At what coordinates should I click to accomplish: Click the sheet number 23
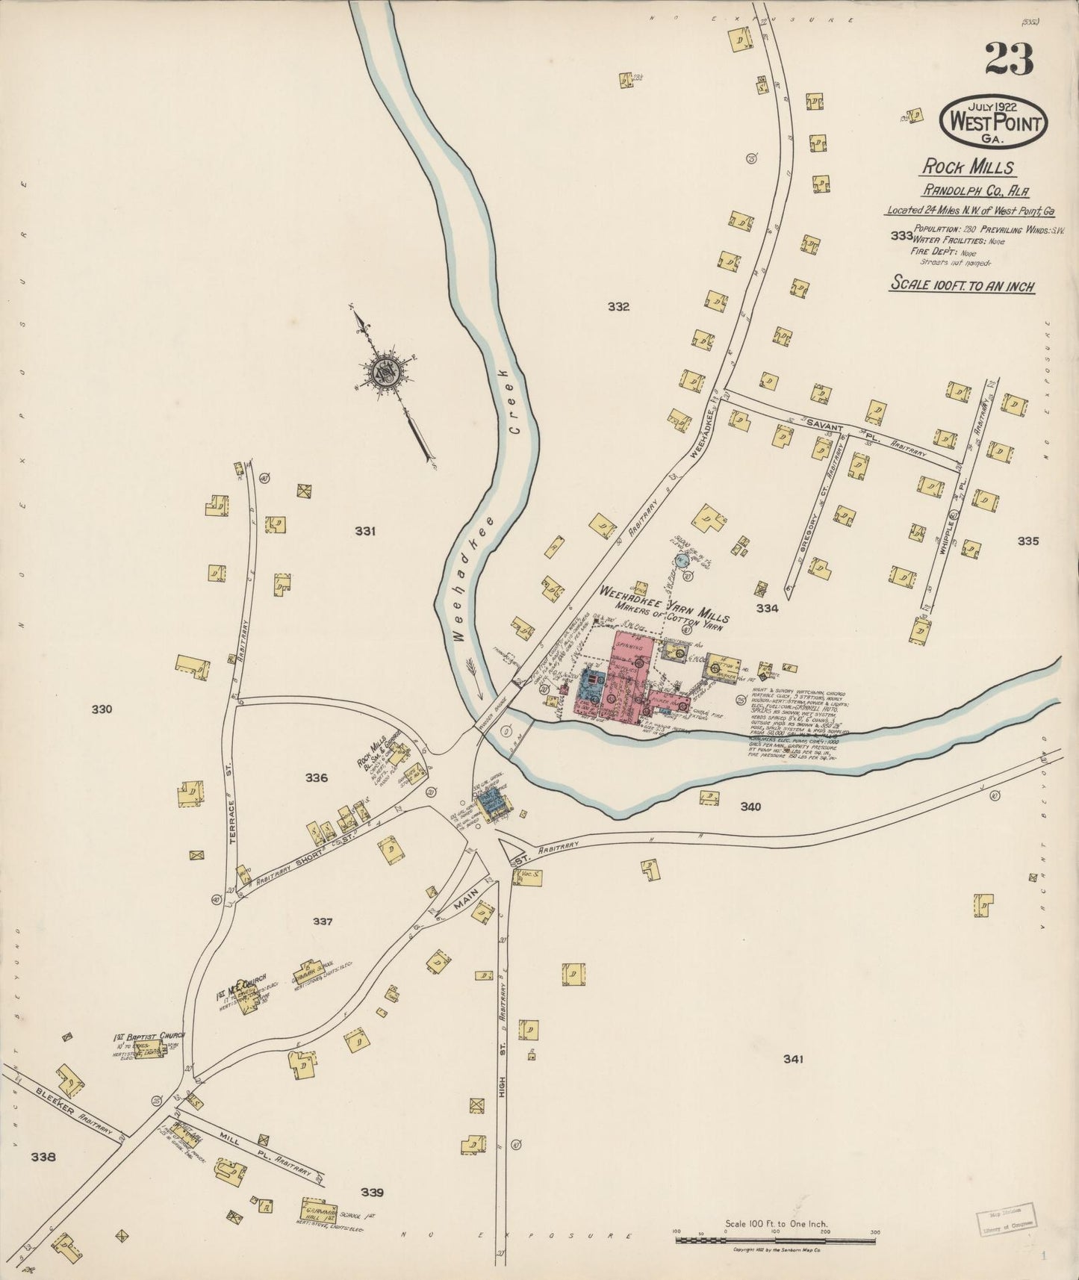[x=1009, y=59]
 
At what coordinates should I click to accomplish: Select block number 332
[x=618, y=306]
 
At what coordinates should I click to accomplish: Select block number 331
[x=365, y=531]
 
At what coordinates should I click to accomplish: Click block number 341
[x=792, y=1059]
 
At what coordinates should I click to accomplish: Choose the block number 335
[x=1027, y=541]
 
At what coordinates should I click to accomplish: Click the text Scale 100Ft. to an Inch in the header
[x=962, y=285]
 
